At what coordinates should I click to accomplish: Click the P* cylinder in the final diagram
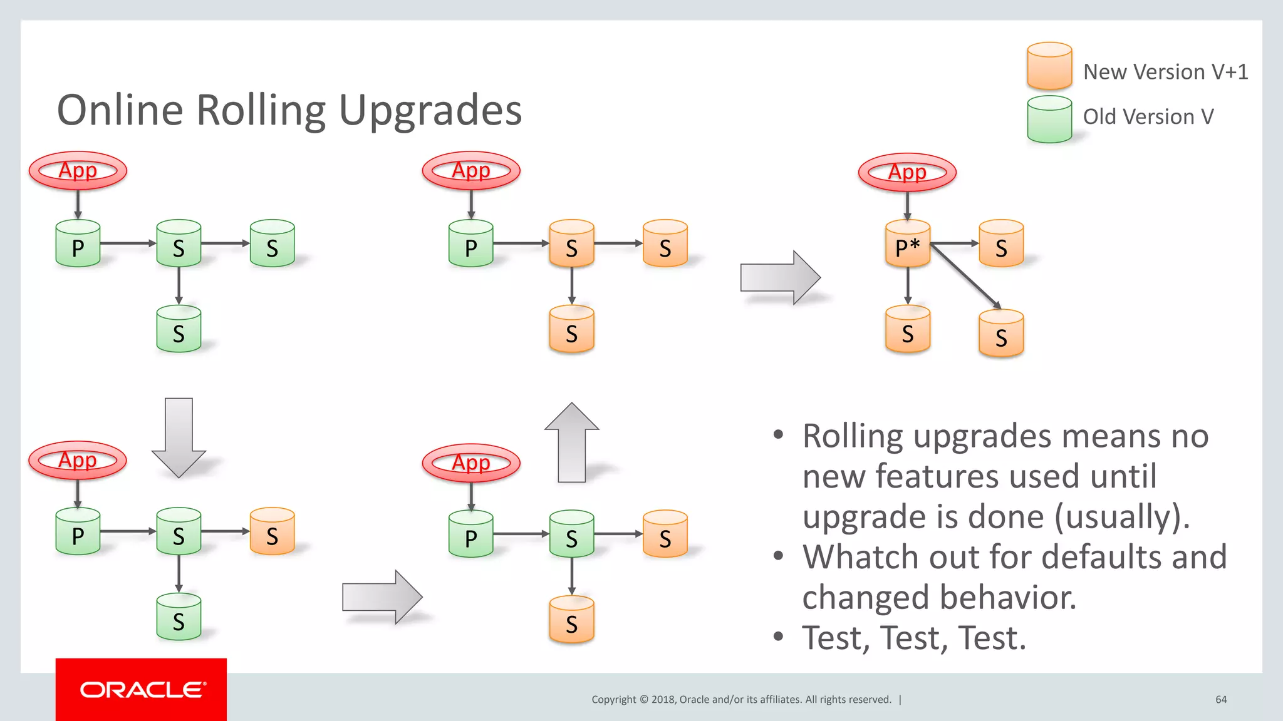(907, 245)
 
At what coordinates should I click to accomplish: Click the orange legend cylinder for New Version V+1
(1049, 66)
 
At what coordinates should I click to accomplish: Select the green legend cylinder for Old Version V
(1049, 120)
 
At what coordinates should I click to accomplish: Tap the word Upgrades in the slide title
(430, 111)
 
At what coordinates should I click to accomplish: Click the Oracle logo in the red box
(142, 690)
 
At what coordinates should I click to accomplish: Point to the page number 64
(1221, 700)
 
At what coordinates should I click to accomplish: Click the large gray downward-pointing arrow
(179, 438)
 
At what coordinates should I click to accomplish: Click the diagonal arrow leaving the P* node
(965, 276)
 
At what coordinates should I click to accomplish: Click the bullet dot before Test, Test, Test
(778, 638)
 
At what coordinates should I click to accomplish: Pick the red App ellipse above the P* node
(907, 172)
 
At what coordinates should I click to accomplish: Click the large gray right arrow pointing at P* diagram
(780, 277)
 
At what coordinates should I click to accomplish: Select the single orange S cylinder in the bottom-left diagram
(272, 532)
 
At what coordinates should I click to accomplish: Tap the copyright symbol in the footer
(643, 700)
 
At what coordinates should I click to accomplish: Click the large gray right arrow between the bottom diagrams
(382, 596)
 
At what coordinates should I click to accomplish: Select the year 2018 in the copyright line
(663, 700)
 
